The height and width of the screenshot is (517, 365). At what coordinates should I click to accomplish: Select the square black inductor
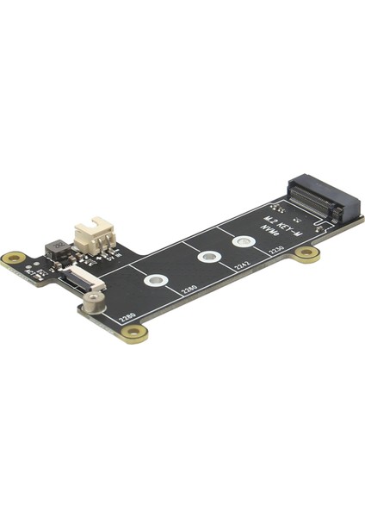57,250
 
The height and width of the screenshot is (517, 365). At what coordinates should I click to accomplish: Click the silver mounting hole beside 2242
207,257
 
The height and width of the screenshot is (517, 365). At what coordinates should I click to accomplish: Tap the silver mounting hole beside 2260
156,280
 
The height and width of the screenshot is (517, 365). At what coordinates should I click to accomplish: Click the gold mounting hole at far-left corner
15,258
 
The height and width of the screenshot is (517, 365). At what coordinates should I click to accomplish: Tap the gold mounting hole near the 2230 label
306,253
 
